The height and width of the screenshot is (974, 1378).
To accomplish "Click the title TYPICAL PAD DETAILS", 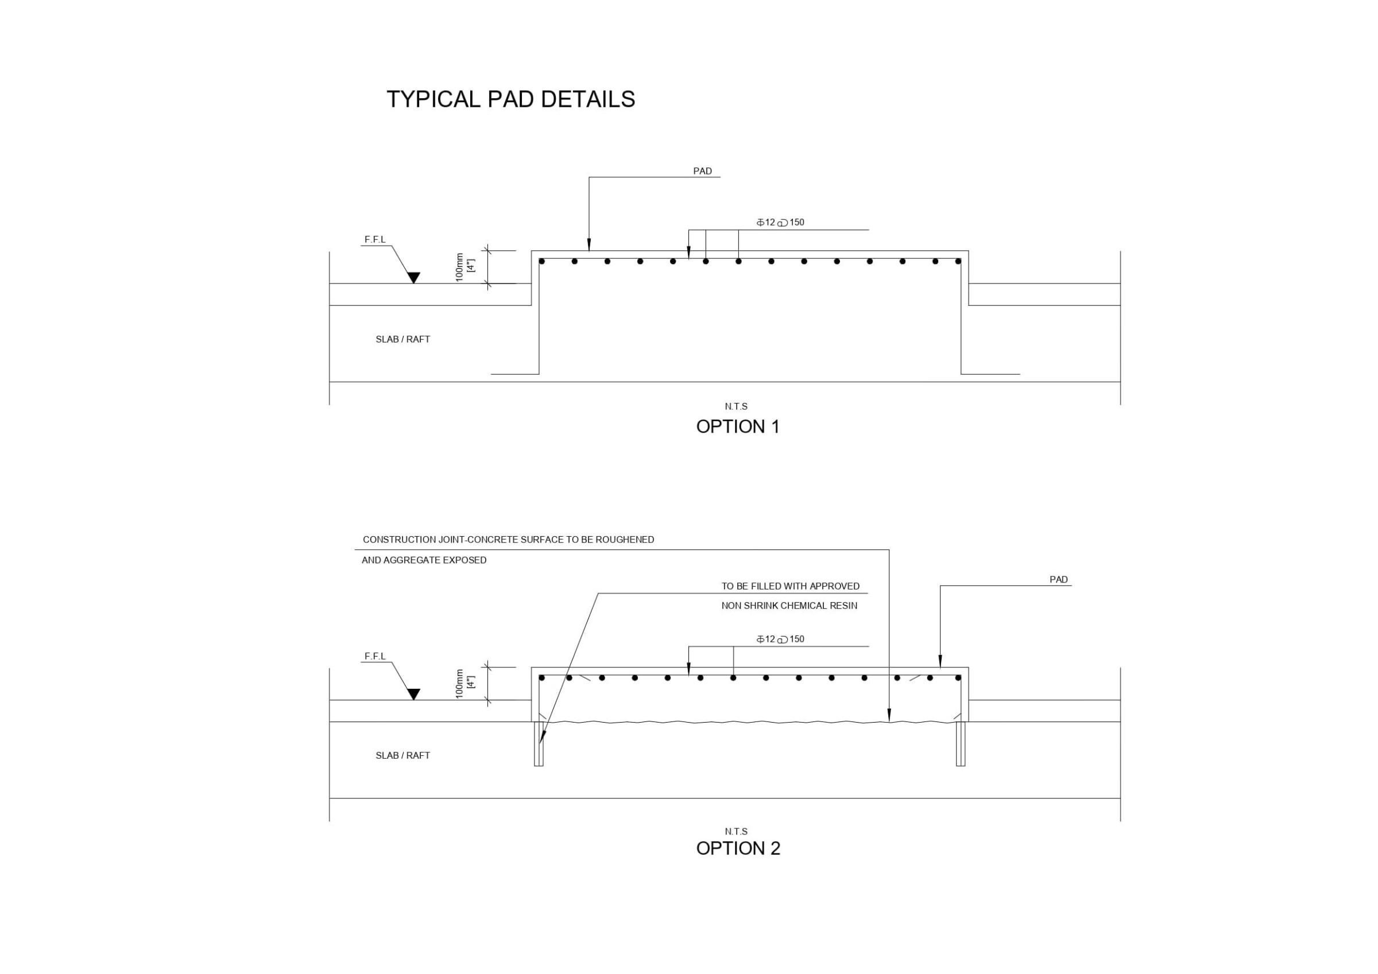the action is pyautogui.click(x=511, y=99).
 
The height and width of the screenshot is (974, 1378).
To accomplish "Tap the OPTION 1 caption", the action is pyautogui.click(x=738, y=426).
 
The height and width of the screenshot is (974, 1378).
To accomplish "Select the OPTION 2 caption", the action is pyautogui.click(x=738, y=848).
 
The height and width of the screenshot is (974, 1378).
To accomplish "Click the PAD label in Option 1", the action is pyautogui.click(x=702, y=171).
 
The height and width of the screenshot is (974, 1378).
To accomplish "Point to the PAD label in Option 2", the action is pyautogui.click(x=1059, y=580).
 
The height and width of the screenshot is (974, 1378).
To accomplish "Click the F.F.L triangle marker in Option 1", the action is pyautogui.click(x=413, y=278).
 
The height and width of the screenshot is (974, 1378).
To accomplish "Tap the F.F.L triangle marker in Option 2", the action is pyautogui.click(x=413, y=694).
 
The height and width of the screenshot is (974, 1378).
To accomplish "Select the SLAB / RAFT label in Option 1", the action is pyautogui.click(x=402, y=340).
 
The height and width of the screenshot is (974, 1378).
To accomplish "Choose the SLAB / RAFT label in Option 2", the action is pyautogui.click(x=402, y=755).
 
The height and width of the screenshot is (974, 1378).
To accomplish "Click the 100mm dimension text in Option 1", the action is pyautogui.click(x=460, y=267).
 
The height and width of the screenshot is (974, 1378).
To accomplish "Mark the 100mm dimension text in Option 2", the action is pyautogui.click(x=460, y=684).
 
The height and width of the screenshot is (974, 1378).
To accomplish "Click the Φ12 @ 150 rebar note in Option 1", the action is pyautogui.click(x=780, y=223).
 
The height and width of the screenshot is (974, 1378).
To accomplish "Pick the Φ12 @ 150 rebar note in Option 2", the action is pyautogui.click(x=780, y=639).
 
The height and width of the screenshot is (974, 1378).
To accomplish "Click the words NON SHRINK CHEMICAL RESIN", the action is pyautogui.click(x=789, y=606).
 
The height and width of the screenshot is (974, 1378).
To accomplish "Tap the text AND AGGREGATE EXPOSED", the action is pyautogui.click(x=424, y=561).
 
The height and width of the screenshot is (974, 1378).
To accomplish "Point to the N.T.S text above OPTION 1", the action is pyautogui.click(x=737, y=407).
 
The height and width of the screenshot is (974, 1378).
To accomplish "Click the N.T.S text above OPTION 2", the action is pyautogui.click(x=737, y=832).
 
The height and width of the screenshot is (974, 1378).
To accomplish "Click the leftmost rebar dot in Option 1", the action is pyautogui.click(x=541, y=261).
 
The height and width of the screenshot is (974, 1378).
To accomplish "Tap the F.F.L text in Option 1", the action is pyautogui.click(x=375, y=240).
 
